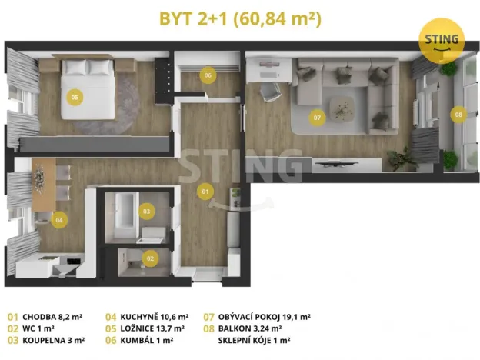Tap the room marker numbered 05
[x=75, y=97]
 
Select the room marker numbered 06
[x=207, y=75]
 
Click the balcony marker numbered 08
[x=458, y=115]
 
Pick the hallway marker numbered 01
[x=205, y=190]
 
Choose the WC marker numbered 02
[x=151, y=258]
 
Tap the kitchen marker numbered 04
[x=60, y=221]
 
